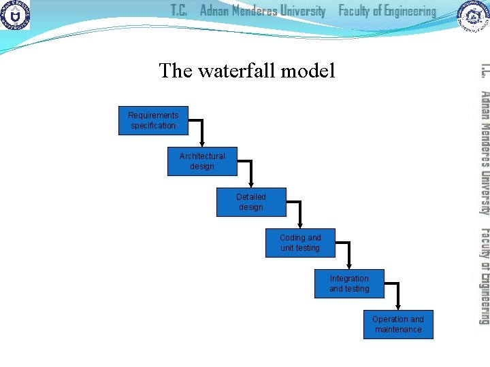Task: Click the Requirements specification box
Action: tap(153, 120)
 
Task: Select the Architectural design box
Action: tap(202, 161)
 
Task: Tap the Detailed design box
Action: tap(251, 202)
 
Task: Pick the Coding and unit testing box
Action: tap(300, 243)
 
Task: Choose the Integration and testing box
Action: tap(349, 283)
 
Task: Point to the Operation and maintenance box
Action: tap(398, 324)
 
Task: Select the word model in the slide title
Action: tap(310, 71)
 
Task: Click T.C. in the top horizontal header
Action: tap(180, 12)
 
